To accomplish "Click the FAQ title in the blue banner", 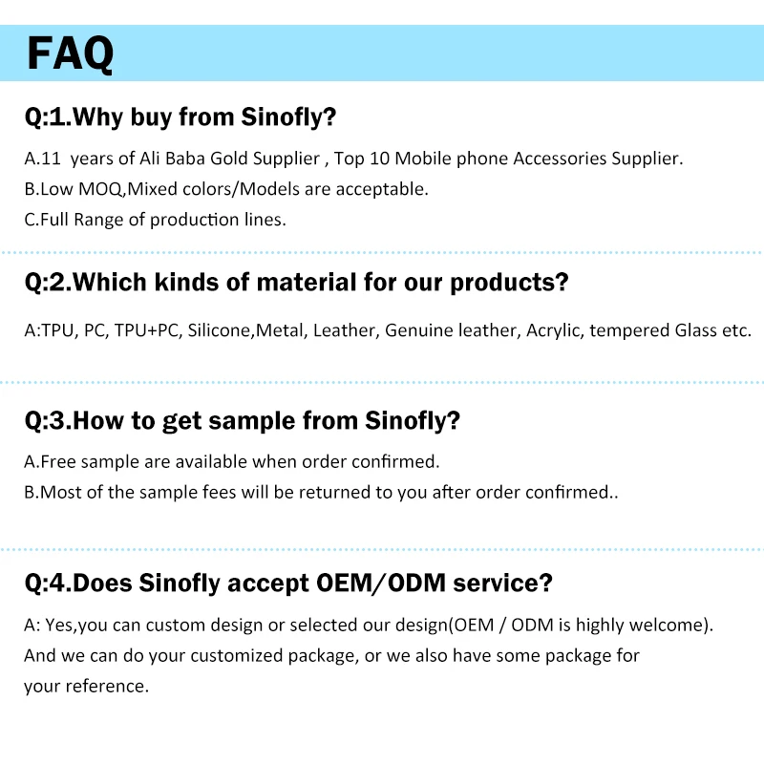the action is [x=70, y=53].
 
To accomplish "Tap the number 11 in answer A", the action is [x=51, y=159].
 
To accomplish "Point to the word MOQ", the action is [x=101, y=189].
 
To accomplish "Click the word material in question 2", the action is [x=307, y=282].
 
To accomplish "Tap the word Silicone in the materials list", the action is [x=220, y=330].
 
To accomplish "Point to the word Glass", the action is [x=696, y=330].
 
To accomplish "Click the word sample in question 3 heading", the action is [x=251, y=421].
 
